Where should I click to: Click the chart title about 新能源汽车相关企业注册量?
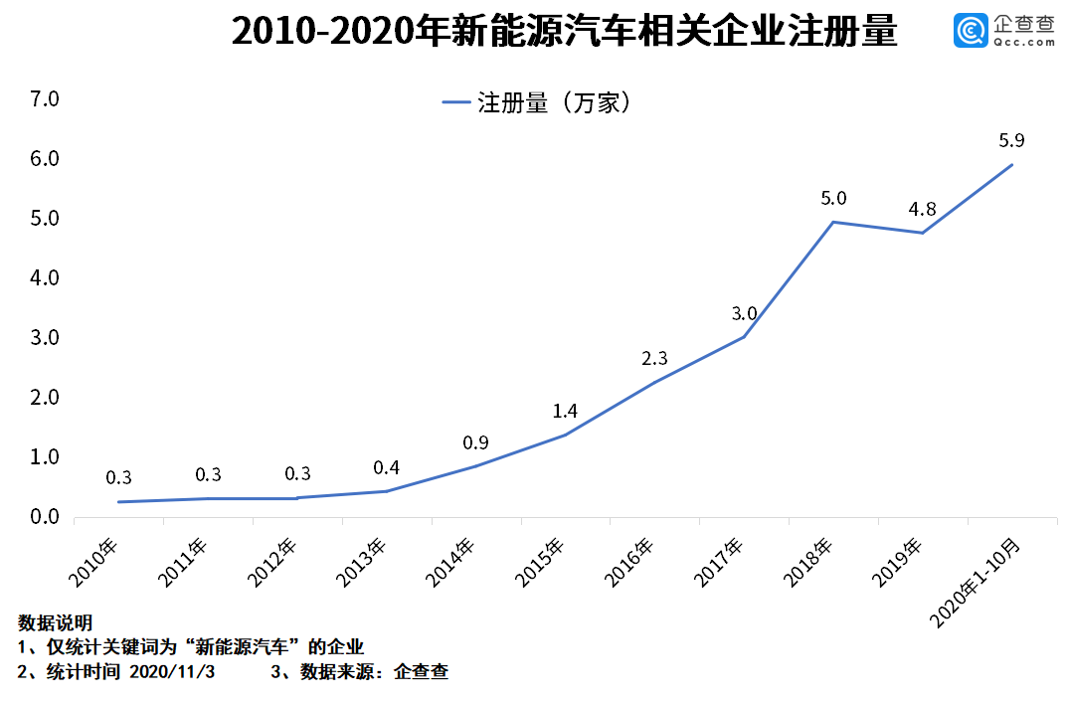coord(564,32)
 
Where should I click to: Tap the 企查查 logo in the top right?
coord(1004,31)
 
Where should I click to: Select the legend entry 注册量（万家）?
coord(537,102)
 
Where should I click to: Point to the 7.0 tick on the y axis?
coord(46,99)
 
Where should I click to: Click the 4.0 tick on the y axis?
coord(46,278)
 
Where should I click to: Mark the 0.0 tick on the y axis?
coord(46,517)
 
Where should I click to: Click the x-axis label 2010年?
coord(93,562)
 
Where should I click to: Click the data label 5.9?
coord(1011,141)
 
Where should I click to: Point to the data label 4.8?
coord(922,210)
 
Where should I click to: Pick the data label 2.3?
coord(654,358)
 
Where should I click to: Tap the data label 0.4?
coord(386,467)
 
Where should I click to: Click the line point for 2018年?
coord(833,222)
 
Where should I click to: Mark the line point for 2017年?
coord(744,337)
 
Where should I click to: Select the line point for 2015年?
coord(565,435)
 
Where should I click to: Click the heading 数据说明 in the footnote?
coord(56,623)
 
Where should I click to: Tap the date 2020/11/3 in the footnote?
coord(172,672)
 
